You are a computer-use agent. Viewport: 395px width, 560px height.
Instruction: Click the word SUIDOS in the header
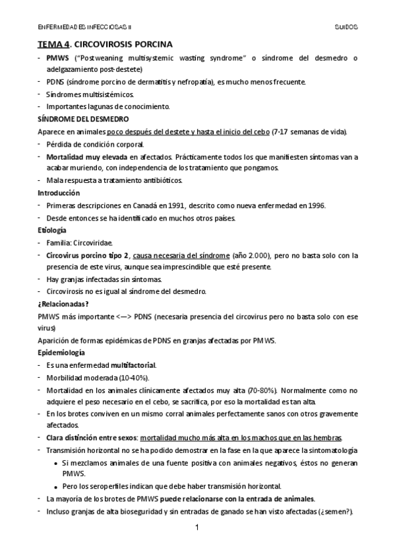click(x=345, y=27)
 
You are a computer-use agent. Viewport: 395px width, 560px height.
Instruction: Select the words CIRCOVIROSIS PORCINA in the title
click(x=123, y=44)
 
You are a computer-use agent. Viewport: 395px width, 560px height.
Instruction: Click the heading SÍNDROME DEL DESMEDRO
click(x=78, y=120)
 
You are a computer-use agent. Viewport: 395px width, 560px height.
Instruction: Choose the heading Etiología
click(x=52, y=230)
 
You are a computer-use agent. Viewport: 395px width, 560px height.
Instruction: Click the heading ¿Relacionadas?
click(x=63, y=304)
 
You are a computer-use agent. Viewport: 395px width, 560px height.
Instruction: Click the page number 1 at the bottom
click(x=197, y=528)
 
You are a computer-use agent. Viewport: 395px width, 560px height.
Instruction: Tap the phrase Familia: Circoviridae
click(x=79, y=242)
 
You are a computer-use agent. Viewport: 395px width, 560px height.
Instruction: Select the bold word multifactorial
click(x=133, y=365)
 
